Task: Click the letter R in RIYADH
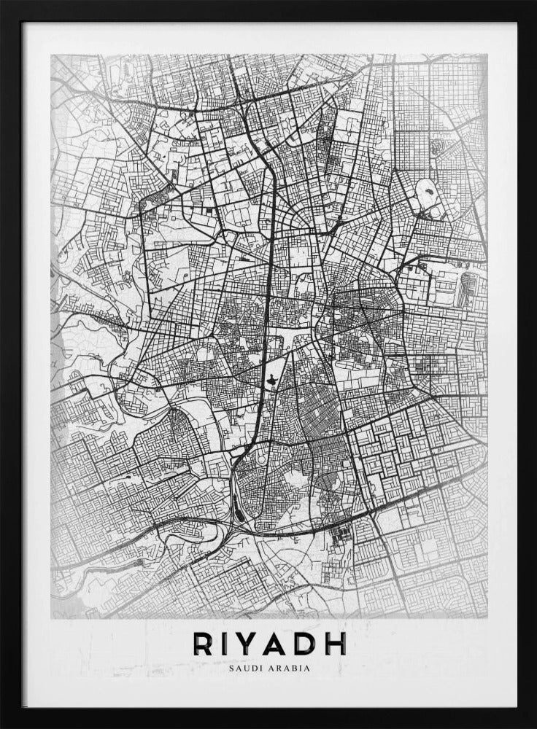tap(204, 643)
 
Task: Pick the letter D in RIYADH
tap(308, 643)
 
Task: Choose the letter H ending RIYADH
tap(335, 643)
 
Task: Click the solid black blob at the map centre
tap(270, 378)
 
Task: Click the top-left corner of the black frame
tap(3, 3)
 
